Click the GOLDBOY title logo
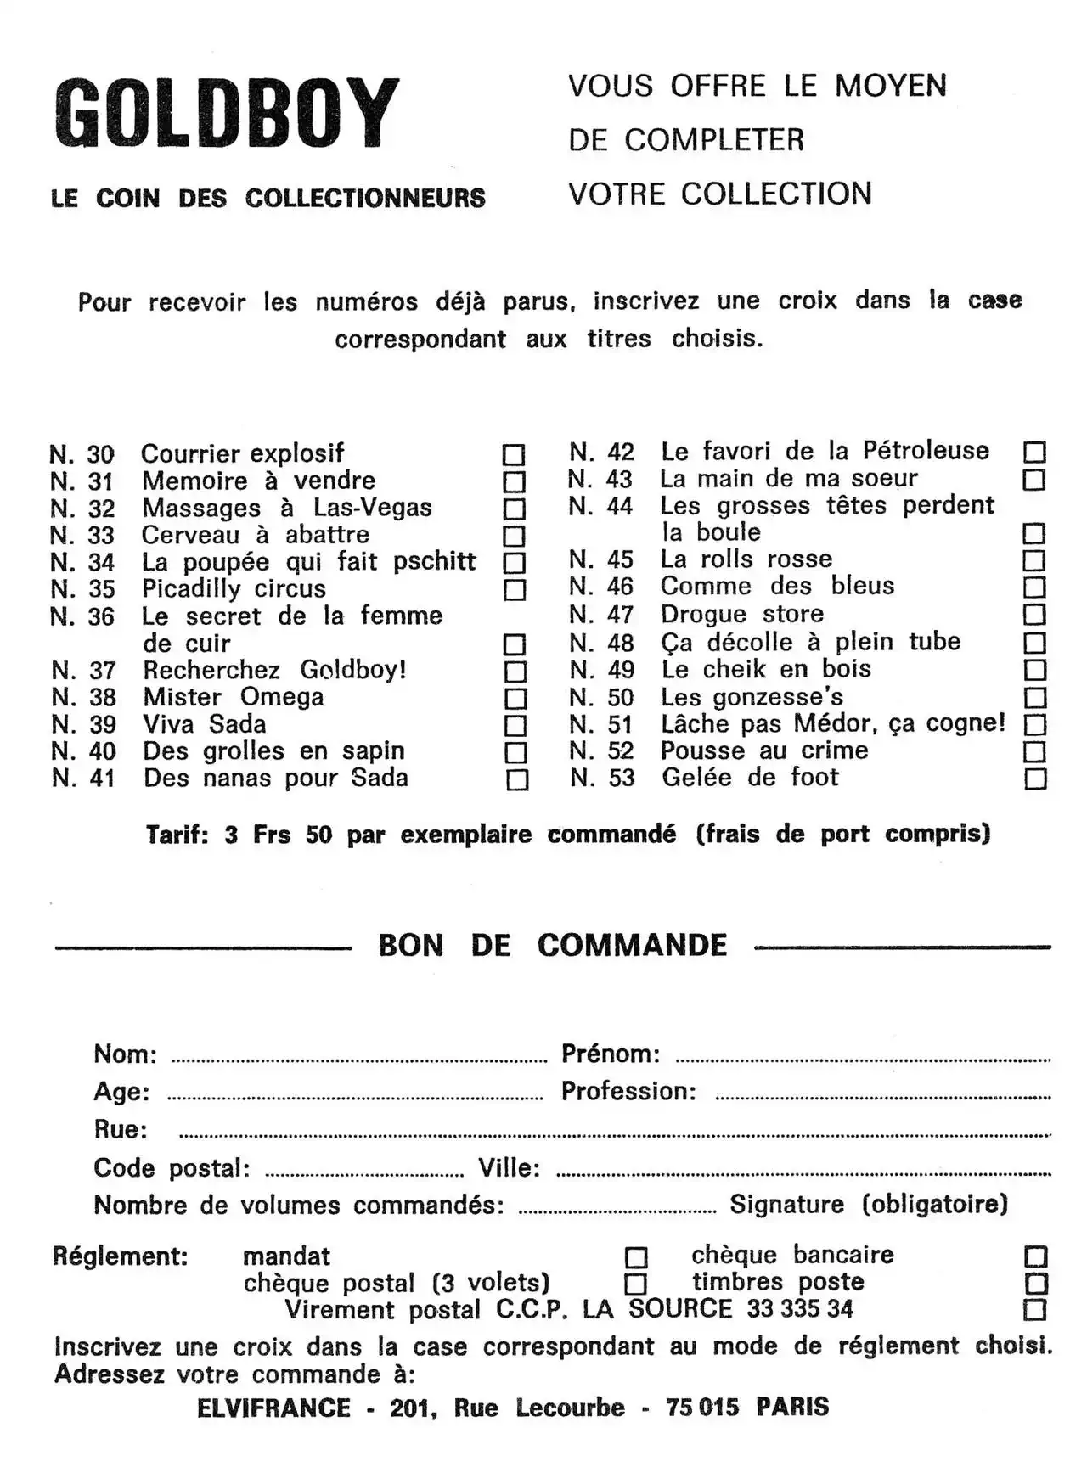coord(226,114)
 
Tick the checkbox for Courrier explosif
coord(514,454)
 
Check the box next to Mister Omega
coord(515,699)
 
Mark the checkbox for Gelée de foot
coord(1035,779)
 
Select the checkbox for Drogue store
coord(1034,615)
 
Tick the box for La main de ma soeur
coord(1033,480)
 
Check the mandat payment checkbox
coord(636,1256)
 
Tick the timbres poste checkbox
coord(1036,1283)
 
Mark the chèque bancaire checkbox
coord(1036,1256)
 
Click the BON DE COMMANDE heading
coord(553,946)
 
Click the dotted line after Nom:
coord(359,1060)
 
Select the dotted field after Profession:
coord(883,1097)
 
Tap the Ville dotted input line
coord(803,1174)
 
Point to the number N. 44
coord(601,507)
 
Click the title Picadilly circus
coord(234,589)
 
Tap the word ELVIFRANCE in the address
coord(273,1408)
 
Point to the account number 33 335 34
coord(800,1309)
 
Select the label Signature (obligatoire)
coord(869,1205)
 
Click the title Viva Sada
coord(205,724)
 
